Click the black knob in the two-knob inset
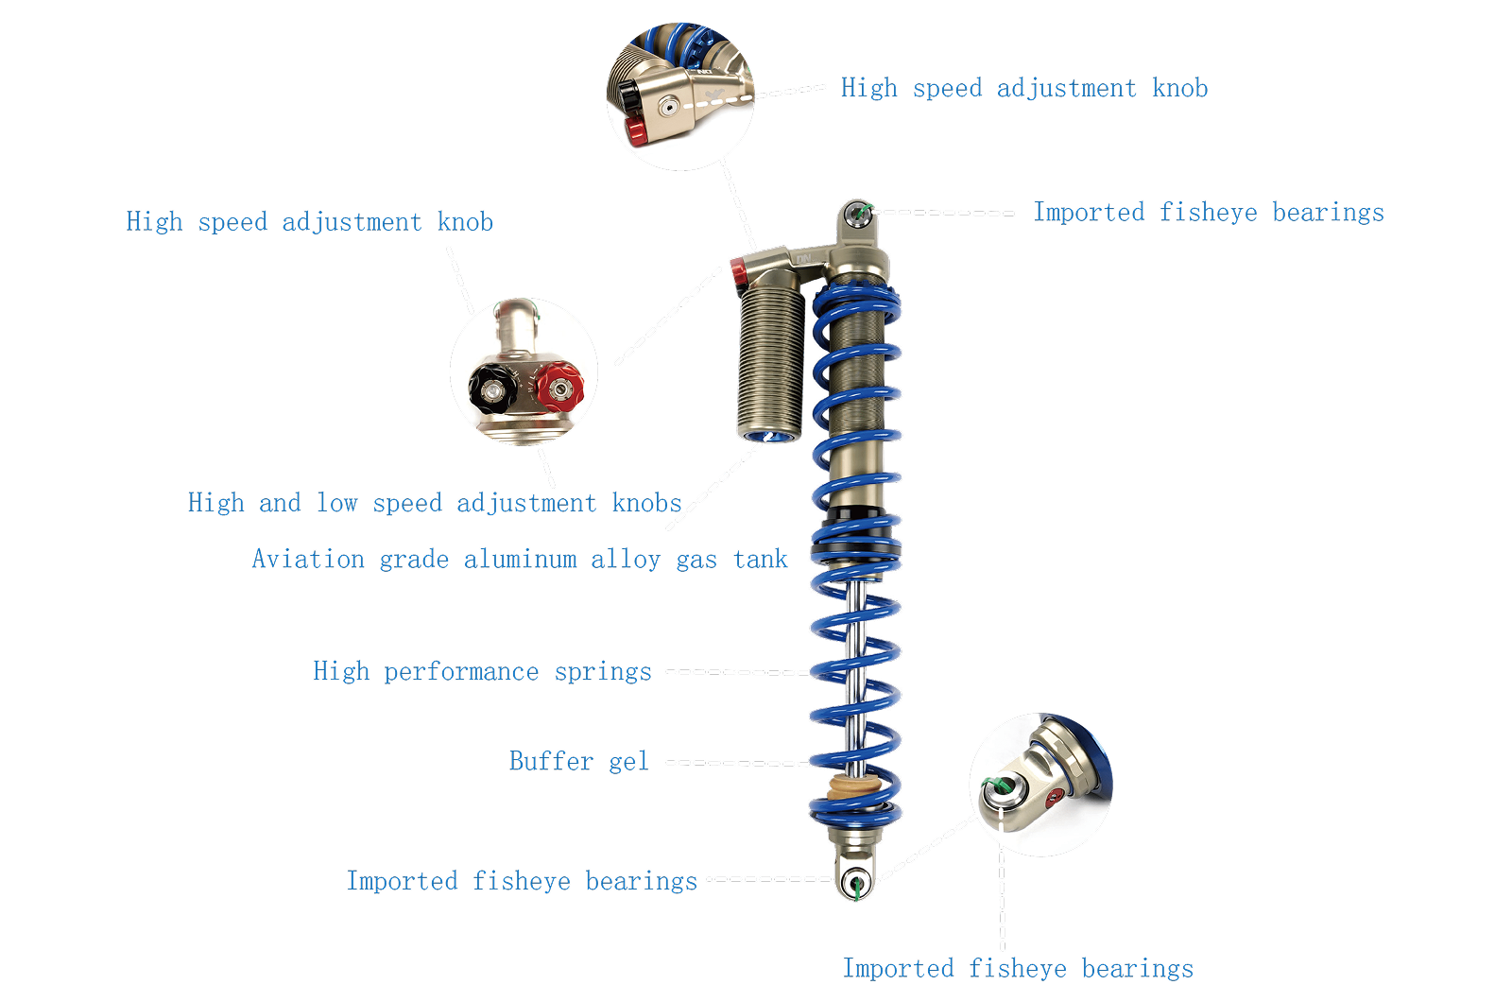(x=491, y=387)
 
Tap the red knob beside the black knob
(x=559, y=387)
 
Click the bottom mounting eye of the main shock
(x=855, y=882)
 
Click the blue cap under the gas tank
(x=770, y=435)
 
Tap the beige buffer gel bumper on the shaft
(x=853, y=787)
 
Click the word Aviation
(x=308, y=559)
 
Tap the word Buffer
(x=551, y=761)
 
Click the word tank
(x=760, y=560)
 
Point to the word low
(x=336, y=503)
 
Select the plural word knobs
(x=646, y=503)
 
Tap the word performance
(x=461, y=672)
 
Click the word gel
(x=628, y=762)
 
